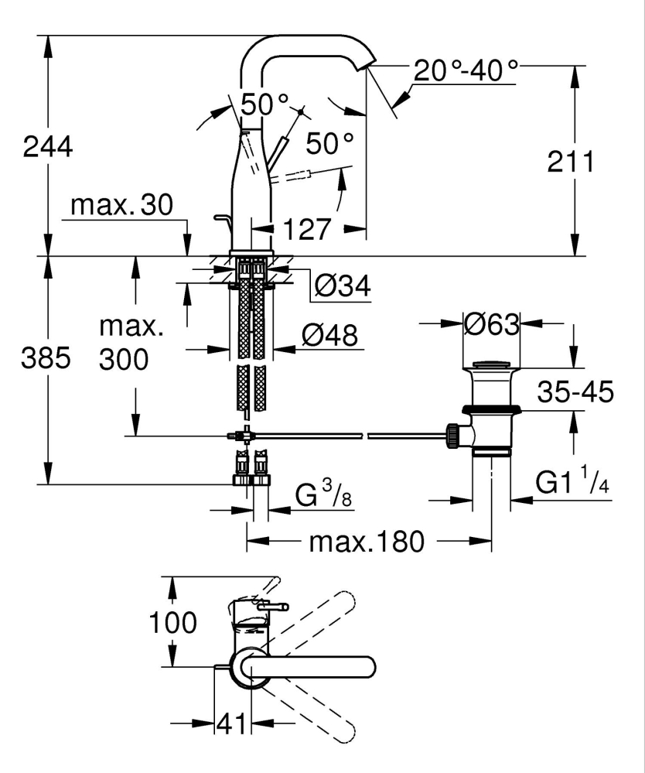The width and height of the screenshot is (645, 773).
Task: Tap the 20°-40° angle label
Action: click(466, 72)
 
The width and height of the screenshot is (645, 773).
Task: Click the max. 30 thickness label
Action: click(121, 205)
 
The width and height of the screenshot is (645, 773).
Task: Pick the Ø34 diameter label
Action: click(342, 287)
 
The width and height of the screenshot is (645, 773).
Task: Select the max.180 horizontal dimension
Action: click(367, 542)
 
